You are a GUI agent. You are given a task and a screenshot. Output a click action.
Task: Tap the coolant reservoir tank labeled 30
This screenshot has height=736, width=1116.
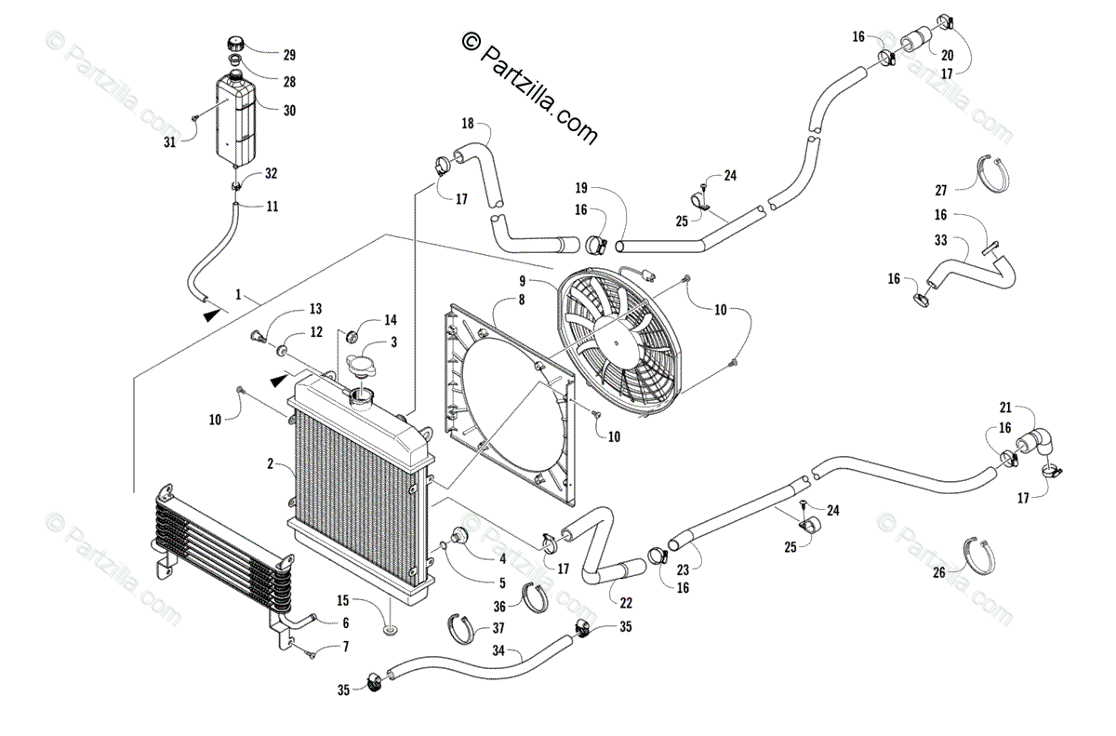coord(235,116)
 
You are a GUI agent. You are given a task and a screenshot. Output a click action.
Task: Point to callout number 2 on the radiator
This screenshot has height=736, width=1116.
coord(271,463)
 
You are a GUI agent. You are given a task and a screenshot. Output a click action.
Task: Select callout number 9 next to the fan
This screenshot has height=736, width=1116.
coord(523,280)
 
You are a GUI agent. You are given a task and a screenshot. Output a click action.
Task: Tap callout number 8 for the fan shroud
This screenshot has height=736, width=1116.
coord(522,301)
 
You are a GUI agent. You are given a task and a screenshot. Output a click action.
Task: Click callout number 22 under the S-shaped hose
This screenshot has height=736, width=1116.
coord(616,603)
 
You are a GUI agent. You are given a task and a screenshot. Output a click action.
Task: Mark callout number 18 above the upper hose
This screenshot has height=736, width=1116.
coord(468,124)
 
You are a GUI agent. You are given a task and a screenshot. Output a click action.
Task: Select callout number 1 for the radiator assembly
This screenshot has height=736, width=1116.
coord(239,295)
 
